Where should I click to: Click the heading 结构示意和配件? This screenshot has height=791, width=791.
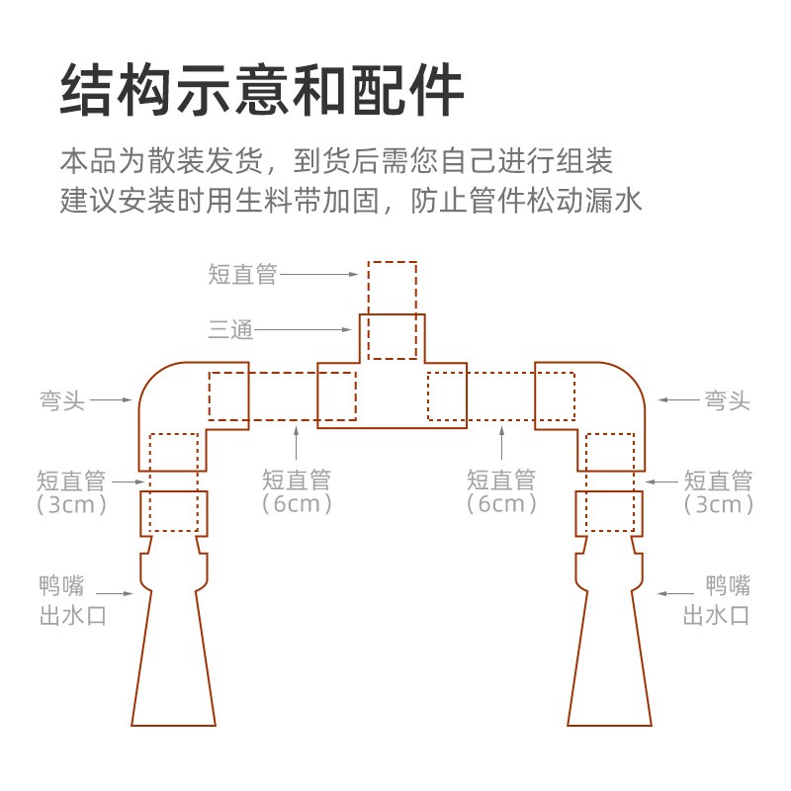click(262, 91)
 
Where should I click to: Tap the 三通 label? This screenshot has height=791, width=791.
click(230, 329)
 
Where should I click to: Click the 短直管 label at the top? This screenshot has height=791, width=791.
click(243, 275)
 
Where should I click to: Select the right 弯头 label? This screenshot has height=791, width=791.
click(727, 400)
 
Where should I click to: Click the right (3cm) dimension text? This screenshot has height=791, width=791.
click(719, 505)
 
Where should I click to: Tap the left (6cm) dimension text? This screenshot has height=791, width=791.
click(297, 504)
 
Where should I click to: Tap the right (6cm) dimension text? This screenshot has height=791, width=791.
click(501, 504)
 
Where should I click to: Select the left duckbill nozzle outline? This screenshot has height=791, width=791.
click(175, 643)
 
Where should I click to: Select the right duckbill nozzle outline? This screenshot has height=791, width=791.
click(610, 643)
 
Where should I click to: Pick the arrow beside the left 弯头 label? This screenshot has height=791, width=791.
click(113, 400)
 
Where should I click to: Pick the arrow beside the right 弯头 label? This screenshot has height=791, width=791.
click(678, 400)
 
